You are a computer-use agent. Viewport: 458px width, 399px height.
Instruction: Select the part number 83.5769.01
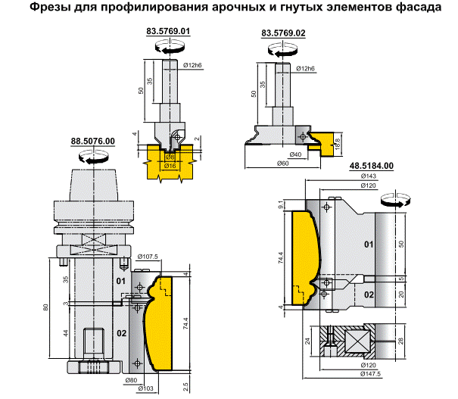tap(167, 32)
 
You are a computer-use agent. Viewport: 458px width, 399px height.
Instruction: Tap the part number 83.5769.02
tap(283, 34)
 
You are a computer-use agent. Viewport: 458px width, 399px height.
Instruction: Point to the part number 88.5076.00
tap(92, 142)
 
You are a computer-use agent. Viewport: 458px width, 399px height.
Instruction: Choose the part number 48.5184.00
tap(371, 166)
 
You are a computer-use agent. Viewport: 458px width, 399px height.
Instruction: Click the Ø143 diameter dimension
tap(369, 176)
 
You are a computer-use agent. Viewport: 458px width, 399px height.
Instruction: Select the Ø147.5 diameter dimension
tap(371, 374)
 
